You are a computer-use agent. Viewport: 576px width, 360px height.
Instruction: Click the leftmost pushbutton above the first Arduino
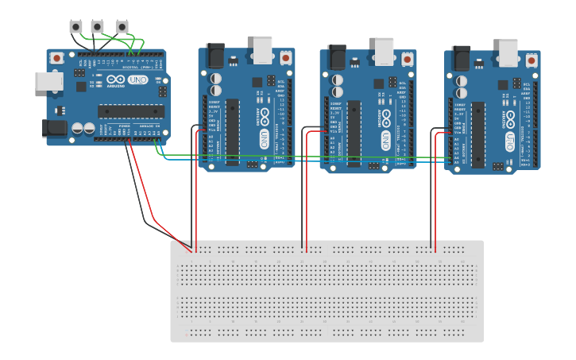pyautogui.click(x=75, y=27)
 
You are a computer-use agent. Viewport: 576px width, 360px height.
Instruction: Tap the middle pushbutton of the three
pyautogui.click(x=97, y=27)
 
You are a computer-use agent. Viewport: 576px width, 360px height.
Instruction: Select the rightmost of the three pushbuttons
pyautogui.click(x=122, y=27)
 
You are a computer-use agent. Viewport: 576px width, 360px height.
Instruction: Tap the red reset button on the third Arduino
pyautogui.click(x=408, y=58)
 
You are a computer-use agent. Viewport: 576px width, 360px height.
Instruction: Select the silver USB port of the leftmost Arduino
pyautogui.click(x=48, y=81)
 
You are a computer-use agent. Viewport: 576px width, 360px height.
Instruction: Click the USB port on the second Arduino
pyautogui.click(x=263, y=50)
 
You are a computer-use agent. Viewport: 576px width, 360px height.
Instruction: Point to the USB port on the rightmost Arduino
pyautogui.click(x=509, y=52)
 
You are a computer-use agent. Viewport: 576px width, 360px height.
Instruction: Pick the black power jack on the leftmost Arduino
pyautogui.click(x=54, y=127)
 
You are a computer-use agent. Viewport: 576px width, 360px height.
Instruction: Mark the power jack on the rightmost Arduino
pyautogui.click(x=462, y=58)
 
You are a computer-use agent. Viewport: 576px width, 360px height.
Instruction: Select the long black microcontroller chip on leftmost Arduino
pyautogui.click(x=131, y=111)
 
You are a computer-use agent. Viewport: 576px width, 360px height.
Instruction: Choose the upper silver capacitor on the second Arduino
pyautogui.click(x=215, y=79)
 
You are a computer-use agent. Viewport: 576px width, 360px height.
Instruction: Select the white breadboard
pyautogui.click(x=327, y=291)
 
